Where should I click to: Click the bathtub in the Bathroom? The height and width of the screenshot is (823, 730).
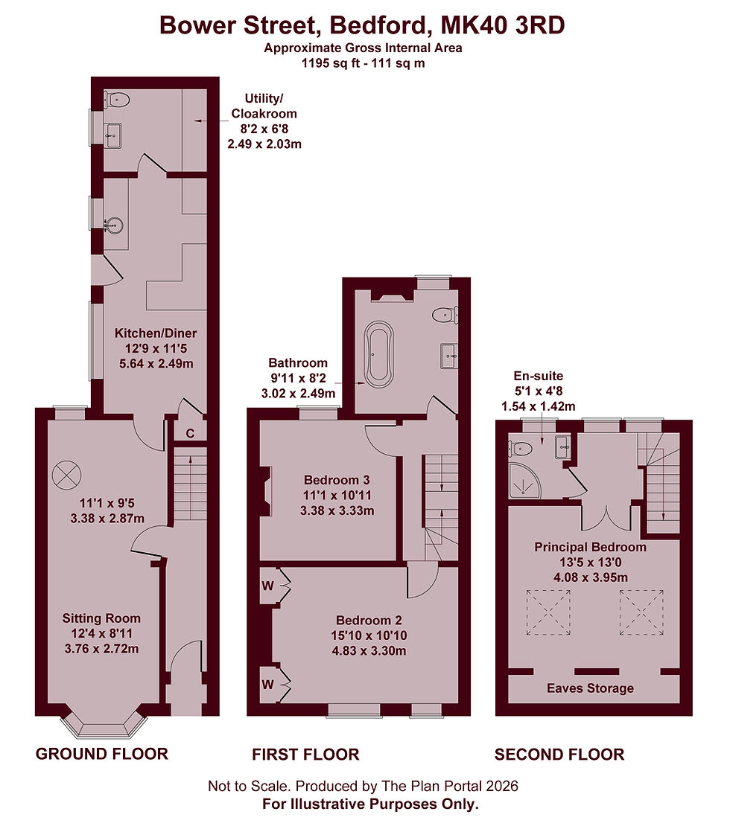click(379, 351)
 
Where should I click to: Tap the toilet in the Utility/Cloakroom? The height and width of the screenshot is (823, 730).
click(116, 99)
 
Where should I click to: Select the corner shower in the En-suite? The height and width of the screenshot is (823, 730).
click(524, 481)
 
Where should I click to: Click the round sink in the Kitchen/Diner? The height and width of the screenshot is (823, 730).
click(113, 225)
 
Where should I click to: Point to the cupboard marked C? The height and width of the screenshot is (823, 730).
click(190, 432)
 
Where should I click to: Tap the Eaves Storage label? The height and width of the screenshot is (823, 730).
click(590, 688)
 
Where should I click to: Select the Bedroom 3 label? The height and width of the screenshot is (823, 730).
click(337, 480)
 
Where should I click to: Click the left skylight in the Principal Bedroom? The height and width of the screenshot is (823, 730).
click(549, 612)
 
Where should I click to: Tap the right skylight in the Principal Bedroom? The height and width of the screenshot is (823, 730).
click(641, 612)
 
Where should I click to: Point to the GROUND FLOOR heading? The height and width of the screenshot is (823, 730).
click(102, 754)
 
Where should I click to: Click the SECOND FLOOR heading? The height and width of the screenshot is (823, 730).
click(559, 755)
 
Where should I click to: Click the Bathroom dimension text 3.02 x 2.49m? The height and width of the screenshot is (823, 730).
click(298, 393)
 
